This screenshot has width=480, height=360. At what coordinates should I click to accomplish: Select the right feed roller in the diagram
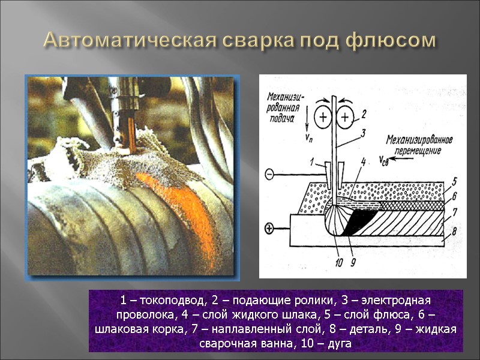point(344,118)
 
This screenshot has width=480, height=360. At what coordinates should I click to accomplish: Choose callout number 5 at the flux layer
point(455,181)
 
